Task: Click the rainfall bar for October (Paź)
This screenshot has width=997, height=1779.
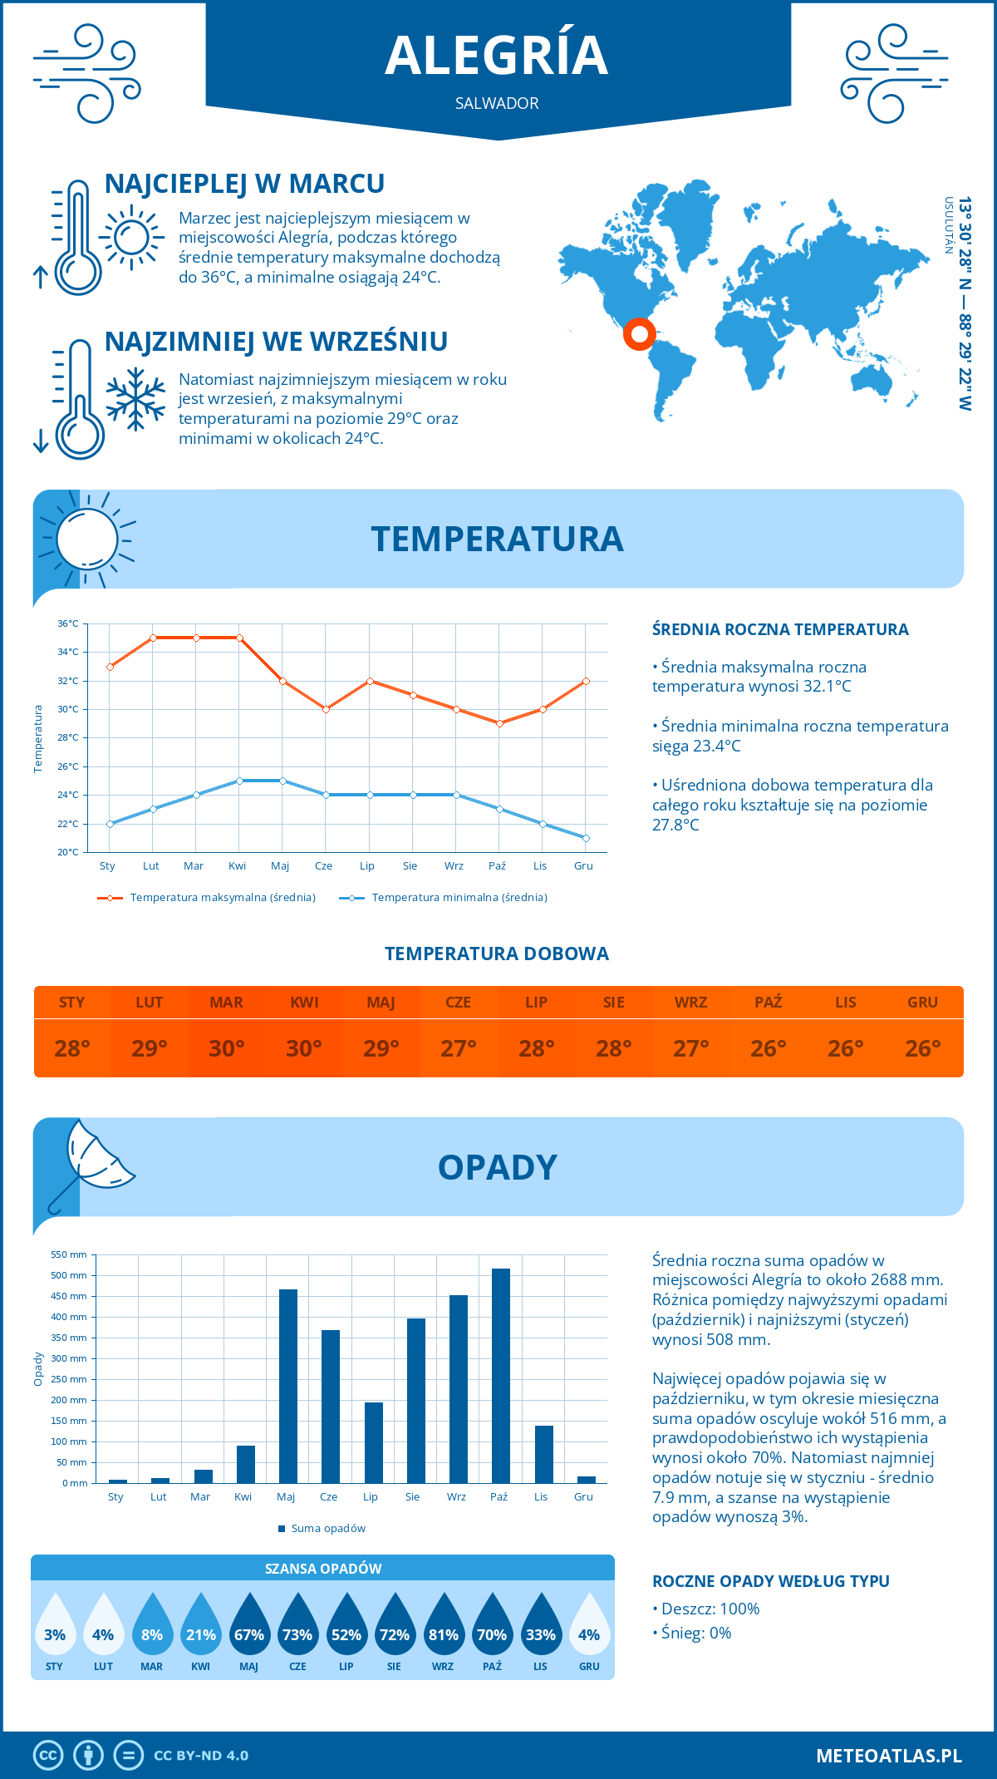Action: [x=501, y=1376]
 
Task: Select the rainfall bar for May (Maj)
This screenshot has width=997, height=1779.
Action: [x=288, y=1386]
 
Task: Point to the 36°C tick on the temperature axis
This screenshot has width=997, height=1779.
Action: [x=69, y=623]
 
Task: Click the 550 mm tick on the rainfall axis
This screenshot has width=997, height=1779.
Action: [x=70, y=1254]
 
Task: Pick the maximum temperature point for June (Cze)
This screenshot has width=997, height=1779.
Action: [x=327, y=709]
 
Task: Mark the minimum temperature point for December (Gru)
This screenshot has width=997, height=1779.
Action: [x=586, y=838]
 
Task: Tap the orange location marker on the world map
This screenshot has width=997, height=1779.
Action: [x=640, y=334]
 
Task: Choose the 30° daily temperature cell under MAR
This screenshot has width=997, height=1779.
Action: [x=227, y=1048]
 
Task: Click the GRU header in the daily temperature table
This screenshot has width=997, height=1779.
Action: [x=922, y=1003]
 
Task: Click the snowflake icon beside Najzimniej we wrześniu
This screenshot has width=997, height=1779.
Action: [x=135, y=399]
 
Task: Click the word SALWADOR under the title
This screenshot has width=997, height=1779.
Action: [x=497, y=103]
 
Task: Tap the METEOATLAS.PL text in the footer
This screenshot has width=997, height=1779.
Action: [x=889, y=1755]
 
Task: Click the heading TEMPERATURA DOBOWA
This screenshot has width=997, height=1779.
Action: [x=497, y=954]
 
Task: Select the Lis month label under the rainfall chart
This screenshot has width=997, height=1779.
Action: [x=541, y=1496]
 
